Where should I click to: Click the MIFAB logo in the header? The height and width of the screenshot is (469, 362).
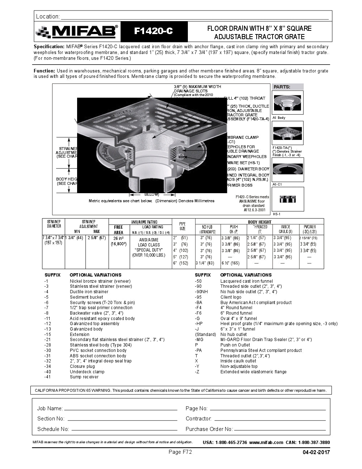pos(77,32)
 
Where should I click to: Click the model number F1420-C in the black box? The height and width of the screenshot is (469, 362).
pos(153,32)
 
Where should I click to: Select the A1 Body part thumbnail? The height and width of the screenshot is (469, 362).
pos(287,103)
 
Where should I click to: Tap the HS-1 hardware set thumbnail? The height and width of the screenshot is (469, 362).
pos(287,199)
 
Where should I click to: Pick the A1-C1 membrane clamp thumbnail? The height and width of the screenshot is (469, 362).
pos(287,170)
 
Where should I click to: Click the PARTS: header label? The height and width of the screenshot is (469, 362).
pos(282,87)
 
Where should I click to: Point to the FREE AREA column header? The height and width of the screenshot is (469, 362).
pos(119,230)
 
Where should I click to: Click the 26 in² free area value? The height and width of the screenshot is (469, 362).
pos(119,238)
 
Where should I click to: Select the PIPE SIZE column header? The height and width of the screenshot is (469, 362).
pos(183,227)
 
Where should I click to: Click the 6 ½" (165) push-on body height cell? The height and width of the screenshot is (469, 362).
pos(231,263)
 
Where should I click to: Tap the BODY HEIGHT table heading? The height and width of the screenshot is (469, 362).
pos(260,222)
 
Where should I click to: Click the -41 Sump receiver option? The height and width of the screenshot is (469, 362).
pos(84,377)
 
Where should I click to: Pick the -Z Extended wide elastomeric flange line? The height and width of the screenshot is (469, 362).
pos(253,372)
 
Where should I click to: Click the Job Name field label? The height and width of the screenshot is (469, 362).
pos(50,408)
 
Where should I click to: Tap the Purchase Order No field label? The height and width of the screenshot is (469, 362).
pos(209,429)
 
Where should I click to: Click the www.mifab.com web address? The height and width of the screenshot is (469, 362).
pos(266,443)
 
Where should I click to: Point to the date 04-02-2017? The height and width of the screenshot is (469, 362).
pos(316,452)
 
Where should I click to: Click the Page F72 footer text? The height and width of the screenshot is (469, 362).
pos(180,452)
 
